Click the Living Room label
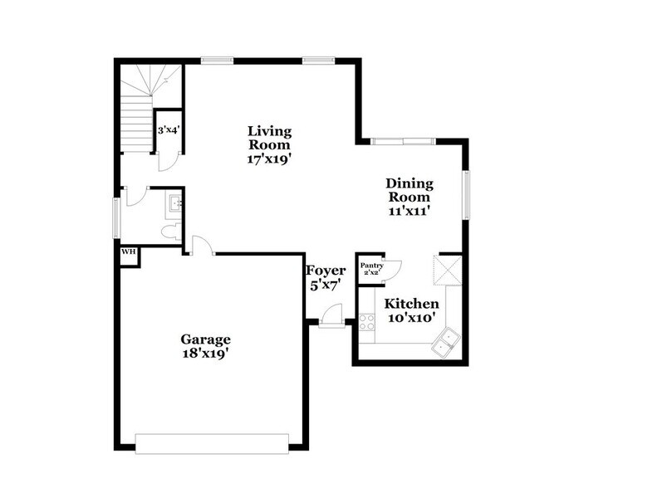270,138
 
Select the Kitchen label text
410,305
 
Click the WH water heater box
129,251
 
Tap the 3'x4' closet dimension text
169,130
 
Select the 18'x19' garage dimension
205,353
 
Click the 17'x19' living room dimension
270,159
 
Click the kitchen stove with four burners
367,322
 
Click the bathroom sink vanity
174,202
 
